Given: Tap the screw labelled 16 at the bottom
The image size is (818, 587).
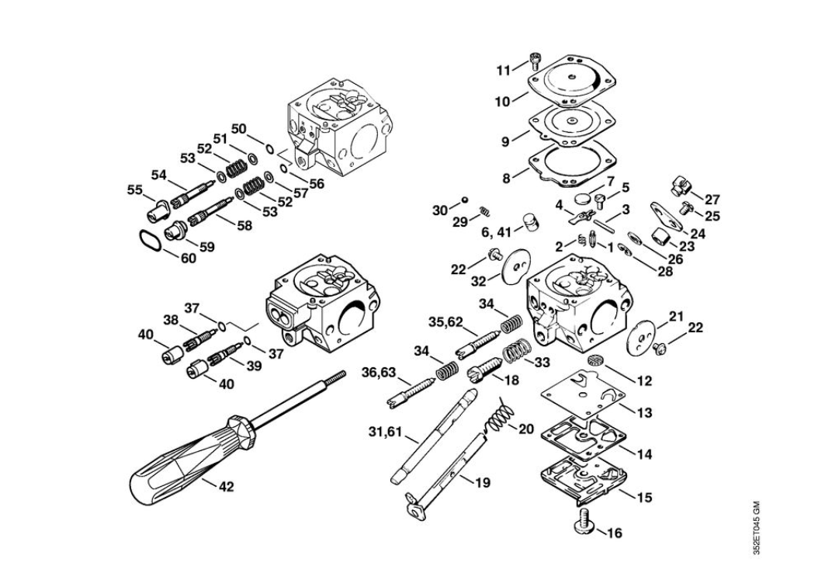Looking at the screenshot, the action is [584, 522].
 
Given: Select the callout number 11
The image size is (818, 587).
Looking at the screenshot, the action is [504, 71].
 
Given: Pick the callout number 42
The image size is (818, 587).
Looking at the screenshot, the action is [226, 487].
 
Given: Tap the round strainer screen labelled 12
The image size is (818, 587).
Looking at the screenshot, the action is [596, 359].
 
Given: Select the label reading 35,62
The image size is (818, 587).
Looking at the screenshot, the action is [445, 322].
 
